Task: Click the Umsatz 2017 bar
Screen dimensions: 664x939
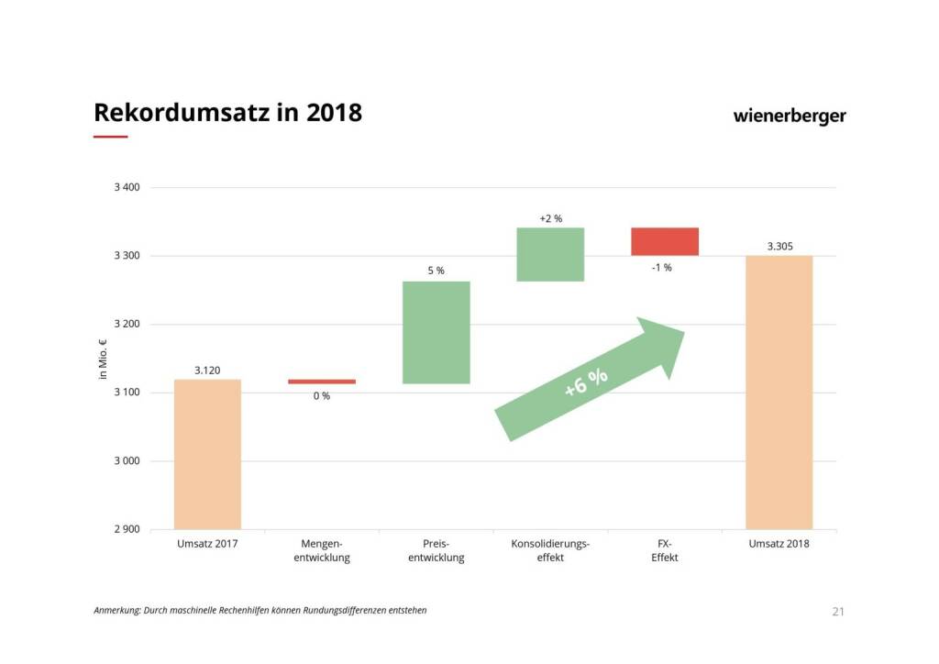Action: tap(207, 454)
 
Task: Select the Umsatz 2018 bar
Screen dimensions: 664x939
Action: tap(779, 393)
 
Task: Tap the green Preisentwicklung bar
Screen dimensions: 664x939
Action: tap(436, 332)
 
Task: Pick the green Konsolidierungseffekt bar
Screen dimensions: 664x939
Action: tap(550, 254)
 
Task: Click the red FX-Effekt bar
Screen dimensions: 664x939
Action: tap(665, 241)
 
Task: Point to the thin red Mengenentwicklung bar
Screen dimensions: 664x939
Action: tap(322, 382)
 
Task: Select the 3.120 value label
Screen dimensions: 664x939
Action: tap(207, 371)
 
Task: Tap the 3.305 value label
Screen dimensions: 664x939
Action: tap(779, 246)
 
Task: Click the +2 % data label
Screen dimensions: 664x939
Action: tap(551, 218)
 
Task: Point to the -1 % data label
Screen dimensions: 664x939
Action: tap(661, 268)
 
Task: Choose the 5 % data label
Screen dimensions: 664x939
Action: tap(436, 271)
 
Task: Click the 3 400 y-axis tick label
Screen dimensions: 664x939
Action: tap(127, 188)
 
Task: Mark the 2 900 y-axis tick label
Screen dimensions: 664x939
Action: tap(127, 529)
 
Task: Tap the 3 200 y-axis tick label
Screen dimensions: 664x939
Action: tap(127, 325)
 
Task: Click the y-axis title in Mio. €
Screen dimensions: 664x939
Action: tap(103, 360)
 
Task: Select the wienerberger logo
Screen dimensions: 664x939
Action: tap(790, 116)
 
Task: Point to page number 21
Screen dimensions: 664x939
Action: tap(837, 612)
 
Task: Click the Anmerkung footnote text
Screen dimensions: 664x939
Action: tap(260, 610)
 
